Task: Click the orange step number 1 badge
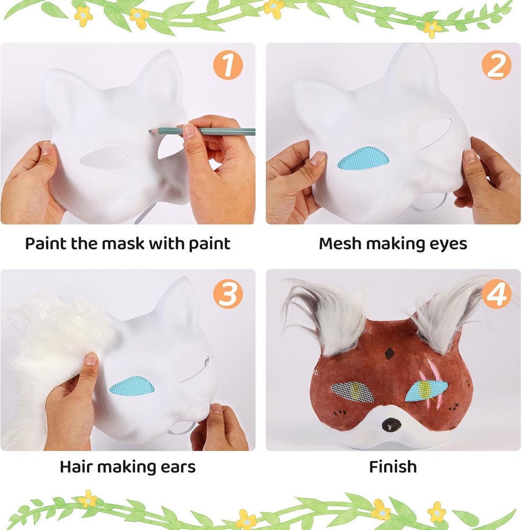227,65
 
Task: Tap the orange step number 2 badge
497,65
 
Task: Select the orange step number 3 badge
227,294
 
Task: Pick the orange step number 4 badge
497,294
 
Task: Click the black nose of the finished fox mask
391,424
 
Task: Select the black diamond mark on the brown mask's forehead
390,354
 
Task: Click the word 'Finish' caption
393,467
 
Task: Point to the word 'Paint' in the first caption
46,243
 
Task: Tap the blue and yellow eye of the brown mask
426,391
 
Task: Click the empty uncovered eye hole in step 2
435,133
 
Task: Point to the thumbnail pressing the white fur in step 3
91,358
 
